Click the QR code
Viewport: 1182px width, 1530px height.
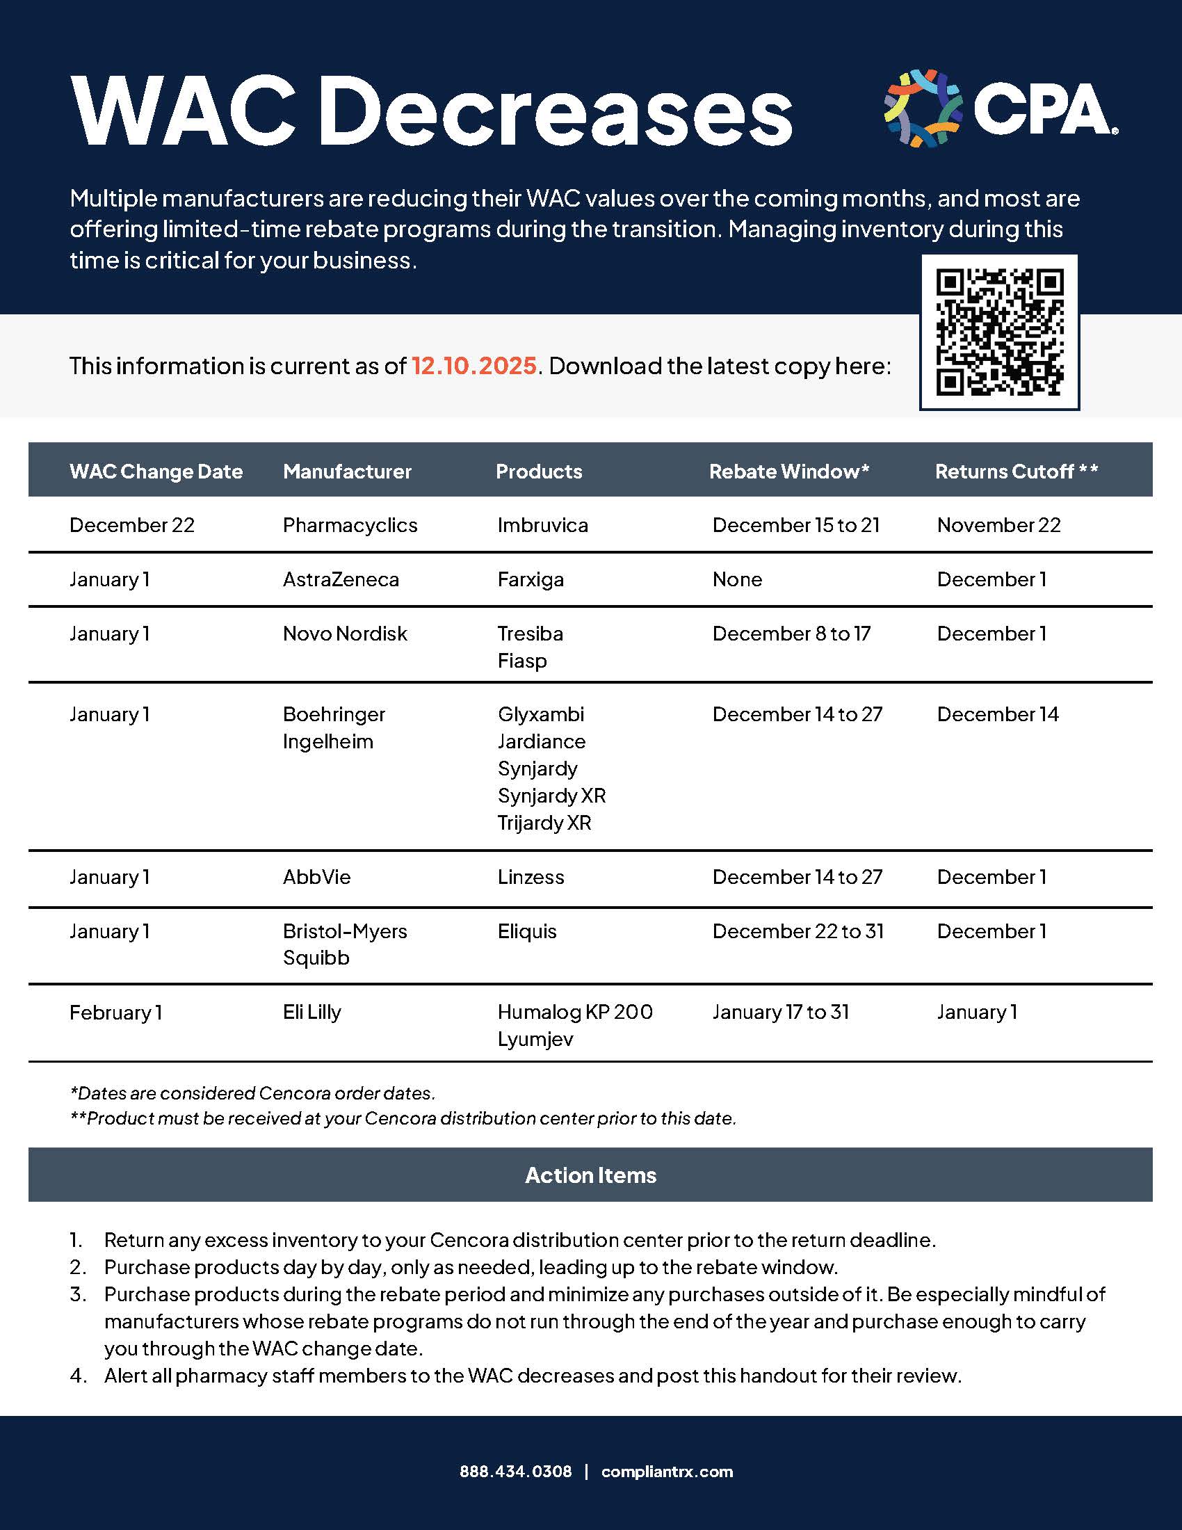[999, 332]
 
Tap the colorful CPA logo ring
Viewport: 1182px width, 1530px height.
[922, 108]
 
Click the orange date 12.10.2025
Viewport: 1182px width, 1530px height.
[473, 366]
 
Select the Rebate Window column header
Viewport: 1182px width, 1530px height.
[788, 472]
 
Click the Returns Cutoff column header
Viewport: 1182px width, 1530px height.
[1016, 472]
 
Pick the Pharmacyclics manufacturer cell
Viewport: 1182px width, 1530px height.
[350, 525]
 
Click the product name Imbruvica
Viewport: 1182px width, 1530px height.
[543, 525]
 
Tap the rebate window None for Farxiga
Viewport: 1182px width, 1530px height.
[736, 579]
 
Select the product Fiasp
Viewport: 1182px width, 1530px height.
[521, 661]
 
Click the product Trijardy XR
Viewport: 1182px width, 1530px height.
[544, 823]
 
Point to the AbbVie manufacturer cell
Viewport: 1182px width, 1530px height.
[316, 877]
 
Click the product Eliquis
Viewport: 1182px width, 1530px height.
[526, 931]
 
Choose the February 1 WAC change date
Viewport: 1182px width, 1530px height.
[115, 1013]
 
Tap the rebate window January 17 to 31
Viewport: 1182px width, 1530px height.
[780, 1013]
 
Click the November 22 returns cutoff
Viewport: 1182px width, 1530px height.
[998, 525]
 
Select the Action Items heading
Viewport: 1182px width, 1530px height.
[590, 1175]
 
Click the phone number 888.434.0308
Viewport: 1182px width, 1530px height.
[515, 1471]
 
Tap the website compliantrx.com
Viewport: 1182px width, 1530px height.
[667, 1471]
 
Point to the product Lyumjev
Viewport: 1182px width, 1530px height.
[535, 1039]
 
